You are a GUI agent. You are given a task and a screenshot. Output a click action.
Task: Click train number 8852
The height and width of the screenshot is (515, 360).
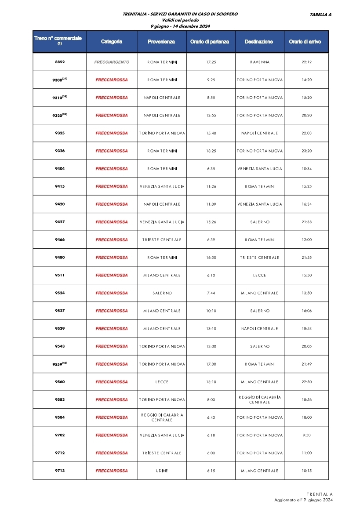[x=60, y=62]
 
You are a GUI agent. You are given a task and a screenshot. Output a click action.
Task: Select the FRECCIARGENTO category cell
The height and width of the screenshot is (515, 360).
[x=112, y=62]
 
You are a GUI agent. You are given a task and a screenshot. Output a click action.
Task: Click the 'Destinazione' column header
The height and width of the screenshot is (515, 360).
[x=259, y=42]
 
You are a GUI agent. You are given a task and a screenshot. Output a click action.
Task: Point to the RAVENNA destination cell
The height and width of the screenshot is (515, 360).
[x=260, y=62]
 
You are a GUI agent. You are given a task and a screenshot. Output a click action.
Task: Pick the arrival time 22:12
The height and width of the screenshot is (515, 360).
[x=306, y=62]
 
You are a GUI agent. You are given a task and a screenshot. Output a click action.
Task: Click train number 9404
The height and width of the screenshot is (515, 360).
[x=60, y=169]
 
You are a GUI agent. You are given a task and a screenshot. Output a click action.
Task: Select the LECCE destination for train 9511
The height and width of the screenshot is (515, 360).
[x=260, y=276]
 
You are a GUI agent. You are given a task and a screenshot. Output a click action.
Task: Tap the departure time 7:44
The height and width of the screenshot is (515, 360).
[x=211, y=293]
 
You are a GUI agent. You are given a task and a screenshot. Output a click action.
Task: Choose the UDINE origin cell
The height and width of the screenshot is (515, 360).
[x=162, y=471]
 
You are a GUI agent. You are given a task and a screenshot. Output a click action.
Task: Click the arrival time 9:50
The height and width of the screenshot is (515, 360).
[x=306, y=435]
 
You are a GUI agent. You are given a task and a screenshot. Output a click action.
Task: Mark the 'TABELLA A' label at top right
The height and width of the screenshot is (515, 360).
[x=320, y=15]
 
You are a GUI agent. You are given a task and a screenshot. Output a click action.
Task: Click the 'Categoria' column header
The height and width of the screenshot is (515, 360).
[x=112, y=42]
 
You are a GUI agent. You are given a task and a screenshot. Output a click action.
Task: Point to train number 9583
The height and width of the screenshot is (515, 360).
[x=60, y=400]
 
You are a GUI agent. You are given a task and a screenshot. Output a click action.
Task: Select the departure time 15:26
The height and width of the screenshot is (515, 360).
[x=211, y=222]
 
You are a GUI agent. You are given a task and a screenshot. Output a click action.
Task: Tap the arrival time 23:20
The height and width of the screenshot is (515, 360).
[x=306, y=151]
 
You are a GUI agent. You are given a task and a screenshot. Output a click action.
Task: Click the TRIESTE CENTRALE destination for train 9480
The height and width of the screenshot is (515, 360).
[x=260, y=257]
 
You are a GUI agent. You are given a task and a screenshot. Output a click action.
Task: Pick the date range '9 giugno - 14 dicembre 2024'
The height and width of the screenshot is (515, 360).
[x=180, y=26]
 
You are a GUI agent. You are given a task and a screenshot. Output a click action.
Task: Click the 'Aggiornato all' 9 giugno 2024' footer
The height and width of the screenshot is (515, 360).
[x=303, y=500]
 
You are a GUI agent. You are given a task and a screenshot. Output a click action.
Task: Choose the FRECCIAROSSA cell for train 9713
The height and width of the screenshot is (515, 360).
[x=112, y=471]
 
